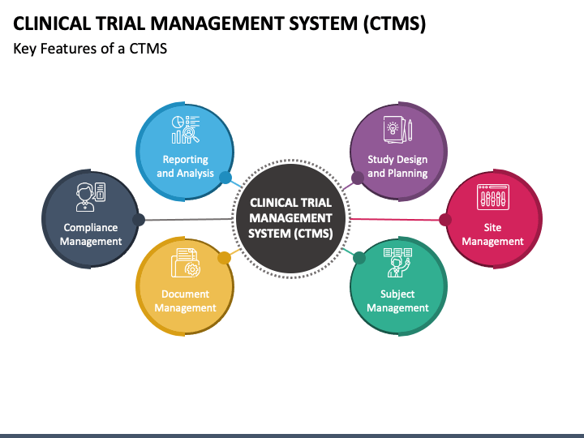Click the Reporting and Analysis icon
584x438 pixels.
click(x=186, y=130)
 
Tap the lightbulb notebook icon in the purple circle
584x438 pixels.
click(x=397, y=130)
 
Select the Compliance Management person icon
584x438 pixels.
click(x=91, y=197)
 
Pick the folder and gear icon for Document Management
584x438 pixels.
click(x=186, y=263)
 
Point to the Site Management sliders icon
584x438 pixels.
click(x=493, y=197)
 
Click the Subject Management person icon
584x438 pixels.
click(x=397, y=263)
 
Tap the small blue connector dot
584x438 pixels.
click(x=225, y=178)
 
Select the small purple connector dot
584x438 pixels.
click(x=358, y=178)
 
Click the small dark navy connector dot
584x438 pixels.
click(x=139, y=220)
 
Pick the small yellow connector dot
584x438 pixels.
click(x=224, y=258)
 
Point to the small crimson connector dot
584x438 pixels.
click(x=445, y=220)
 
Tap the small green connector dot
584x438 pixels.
click(x=359, y=258)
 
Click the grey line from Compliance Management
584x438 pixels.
click(x=188, y=219)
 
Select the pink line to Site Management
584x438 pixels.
click(x=394, y=219)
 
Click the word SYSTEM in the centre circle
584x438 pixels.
click(x=269, y=234)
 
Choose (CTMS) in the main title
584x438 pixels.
click(x=395, y=24)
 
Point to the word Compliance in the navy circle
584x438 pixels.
click(x=91, y=228)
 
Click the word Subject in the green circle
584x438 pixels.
click(x=397, y=294)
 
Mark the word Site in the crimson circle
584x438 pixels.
click(x=492, y=227)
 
